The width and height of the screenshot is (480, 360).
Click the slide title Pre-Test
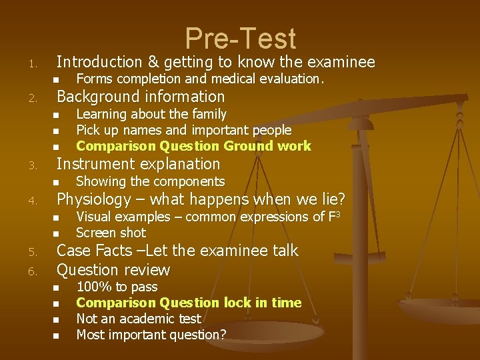(240, 39)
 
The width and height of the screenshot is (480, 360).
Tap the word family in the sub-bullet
(207, 115)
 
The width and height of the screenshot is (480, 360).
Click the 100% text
(94, 287)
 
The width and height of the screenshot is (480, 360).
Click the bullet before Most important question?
(57, 335)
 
